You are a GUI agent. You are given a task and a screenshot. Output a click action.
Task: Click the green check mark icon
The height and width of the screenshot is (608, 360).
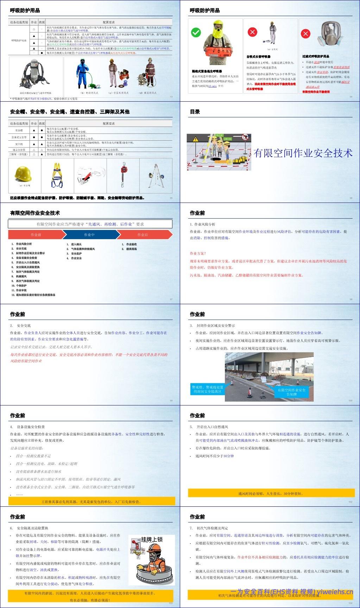pyautogui.click(x=196, y=33)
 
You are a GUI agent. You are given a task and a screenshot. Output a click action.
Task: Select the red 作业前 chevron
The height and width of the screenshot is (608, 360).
pyautogui.click(x=35, y=235)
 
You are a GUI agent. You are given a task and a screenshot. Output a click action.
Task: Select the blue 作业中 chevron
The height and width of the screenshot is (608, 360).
pyautogui.click(x=89, y=235)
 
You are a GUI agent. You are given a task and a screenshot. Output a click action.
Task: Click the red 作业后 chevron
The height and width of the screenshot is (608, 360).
pyautogui.click(x=144, y=235)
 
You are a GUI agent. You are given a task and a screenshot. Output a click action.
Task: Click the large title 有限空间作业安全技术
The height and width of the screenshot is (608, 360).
pyautogui.click(x=303, y=153)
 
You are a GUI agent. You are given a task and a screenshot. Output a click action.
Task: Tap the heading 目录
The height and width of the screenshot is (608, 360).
pyautogui.click(x=195, y=112)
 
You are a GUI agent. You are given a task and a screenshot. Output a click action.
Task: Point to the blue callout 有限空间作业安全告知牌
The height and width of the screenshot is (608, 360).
pyautogui.click(x=291, y=392)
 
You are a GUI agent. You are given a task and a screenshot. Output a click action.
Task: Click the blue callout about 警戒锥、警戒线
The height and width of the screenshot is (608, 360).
pyautogui.click(x=207, y=389)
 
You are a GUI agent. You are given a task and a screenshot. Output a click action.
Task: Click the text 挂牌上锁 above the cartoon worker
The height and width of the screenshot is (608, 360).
pyautogui.click(x=152, y=539)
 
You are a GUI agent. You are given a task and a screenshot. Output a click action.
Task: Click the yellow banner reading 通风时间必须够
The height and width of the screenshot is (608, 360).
pyautogui.click(x=270, y=493)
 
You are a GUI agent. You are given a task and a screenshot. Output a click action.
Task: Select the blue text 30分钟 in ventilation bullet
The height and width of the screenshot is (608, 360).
pyautogui.click(x=228, y=456)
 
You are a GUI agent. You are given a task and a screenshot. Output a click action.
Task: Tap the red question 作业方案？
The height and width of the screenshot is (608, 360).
pyautogui.click(x=198, y=253)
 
